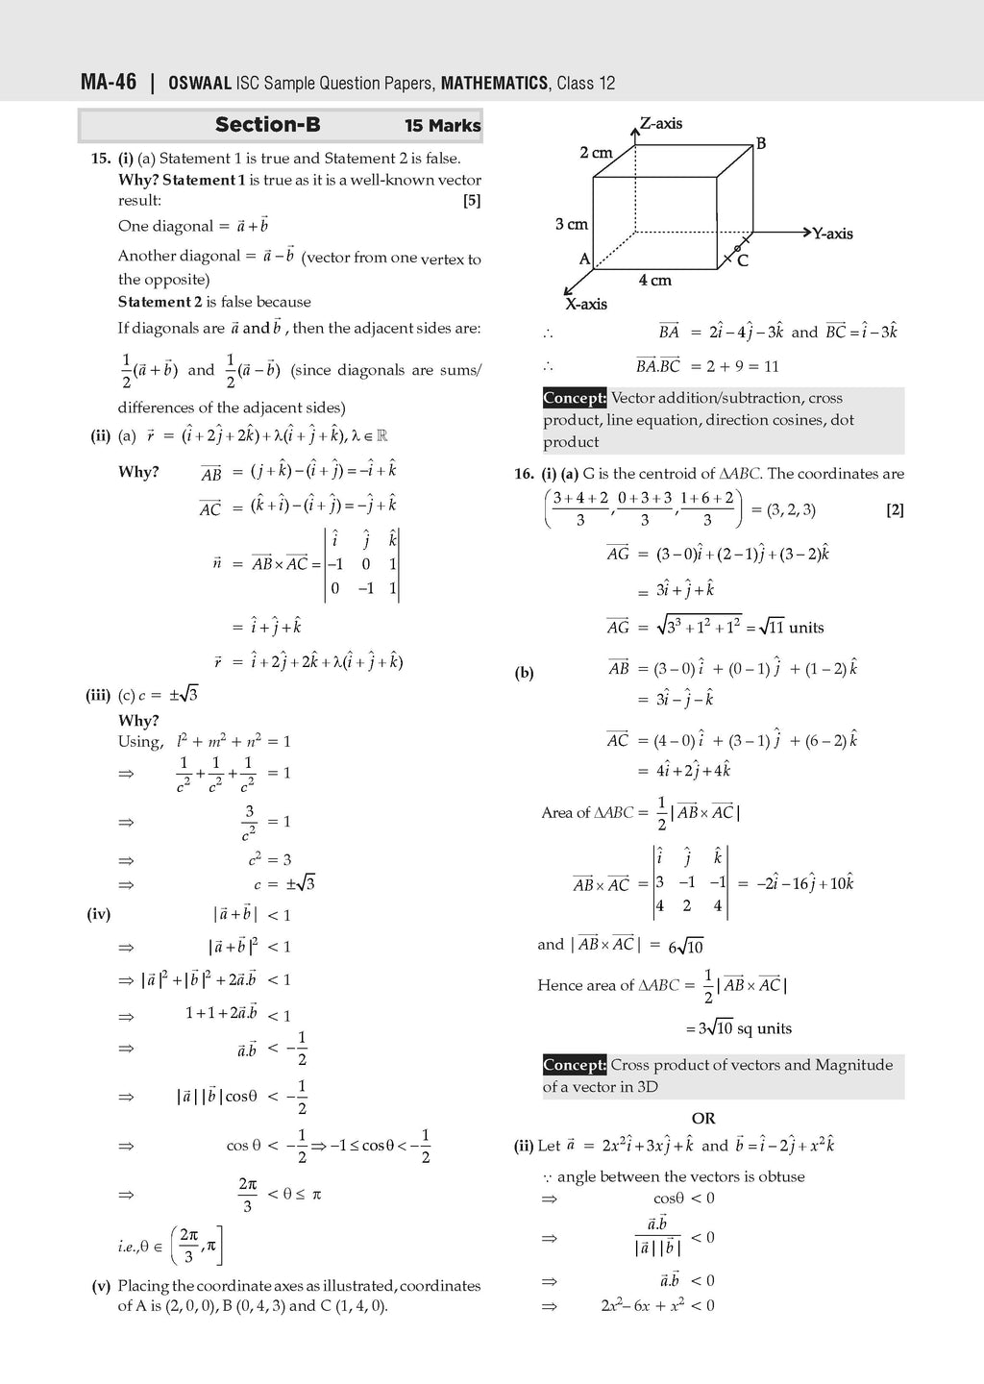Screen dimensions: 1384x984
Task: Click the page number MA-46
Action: pyautogui.click(x=109, y=83)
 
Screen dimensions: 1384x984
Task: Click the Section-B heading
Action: pyautogui.click(x=267, y=125)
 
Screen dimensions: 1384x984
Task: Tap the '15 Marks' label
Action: pyautogui.click(x=442, y=126)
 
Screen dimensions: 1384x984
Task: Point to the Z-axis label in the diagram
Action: pyautogui.click(x=661, y=123)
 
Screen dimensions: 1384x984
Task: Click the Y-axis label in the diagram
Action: pyautogui.click(x=832, y=234)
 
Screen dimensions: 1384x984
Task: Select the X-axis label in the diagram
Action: pyautogui.click(x=585, y=304)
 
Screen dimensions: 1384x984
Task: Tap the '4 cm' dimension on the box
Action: pyautogui.click(x=654, y=281)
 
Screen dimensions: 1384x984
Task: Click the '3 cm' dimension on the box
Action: pyautogui.click(x=571, y=224)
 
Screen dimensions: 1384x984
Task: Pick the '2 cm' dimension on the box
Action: pyautogui.click(x=596, y=153)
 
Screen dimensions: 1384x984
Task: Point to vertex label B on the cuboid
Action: pyautogui.click(x=761, y=144)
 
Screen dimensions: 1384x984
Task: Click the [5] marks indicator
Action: pyautogui.click(x=471, y=201)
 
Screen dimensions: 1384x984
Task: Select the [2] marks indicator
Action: pyautogui.click(x=895, y=510)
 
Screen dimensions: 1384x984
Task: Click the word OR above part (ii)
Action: pyautogui.click(x=703, y=1119)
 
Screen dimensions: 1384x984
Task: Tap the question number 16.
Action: pyautogui.click(x=524, y=474)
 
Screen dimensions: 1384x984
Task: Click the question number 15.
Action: pyautogui.click(x=101, y=159)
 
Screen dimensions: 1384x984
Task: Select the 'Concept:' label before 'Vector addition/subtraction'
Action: pyautogui.click(x=575, y=398)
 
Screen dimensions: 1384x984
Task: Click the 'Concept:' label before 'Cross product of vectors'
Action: pyautogui.click(x=575, y=1065)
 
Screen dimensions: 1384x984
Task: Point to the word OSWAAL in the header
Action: pyautogui.click(x=200, y=84)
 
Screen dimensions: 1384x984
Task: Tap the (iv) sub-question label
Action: pyautogui.click(x=99, y=915)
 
